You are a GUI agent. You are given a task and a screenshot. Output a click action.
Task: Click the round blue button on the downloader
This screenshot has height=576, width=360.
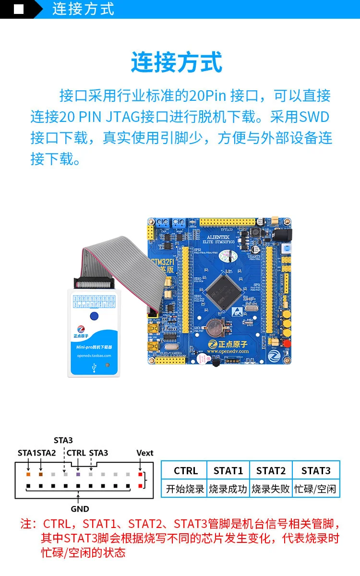pyautogui.click(x=94, y=315)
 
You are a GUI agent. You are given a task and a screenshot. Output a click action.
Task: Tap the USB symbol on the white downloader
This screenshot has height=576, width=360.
pyautogui.click(x=93, y=368)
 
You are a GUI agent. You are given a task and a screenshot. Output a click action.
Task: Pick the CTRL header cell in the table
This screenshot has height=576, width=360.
pyautogui.click(x=186, y=470)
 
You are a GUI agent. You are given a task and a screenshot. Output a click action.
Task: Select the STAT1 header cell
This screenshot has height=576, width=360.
pyautogui.click(x=228, y=470)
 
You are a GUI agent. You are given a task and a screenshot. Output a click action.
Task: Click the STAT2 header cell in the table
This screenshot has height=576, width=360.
pyautogui.click(x=271, y=470)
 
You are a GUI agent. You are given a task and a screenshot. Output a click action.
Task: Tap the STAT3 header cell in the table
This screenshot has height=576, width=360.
pyautogui.click(x=316, y=470)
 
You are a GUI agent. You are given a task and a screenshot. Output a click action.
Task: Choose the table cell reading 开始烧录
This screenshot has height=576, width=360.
pyautogui.click(x=185, y=489)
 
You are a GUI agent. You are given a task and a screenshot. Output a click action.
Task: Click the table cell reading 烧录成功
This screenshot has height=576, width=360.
pyautogui.click(x=228, y=489)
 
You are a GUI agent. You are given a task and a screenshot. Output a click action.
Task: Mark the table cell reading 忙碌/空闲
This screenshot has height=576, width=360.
pyautogui.click(x=316, y=489)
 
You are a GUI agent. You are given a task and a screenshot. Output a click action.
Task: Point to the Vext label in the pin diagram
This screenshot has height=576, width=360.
pyautogui.click(x=144, y=453)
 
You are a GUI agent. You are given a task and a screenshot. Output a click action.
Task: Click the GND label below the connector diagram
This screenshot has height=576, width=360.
pyautogui.click(x=80, y=509)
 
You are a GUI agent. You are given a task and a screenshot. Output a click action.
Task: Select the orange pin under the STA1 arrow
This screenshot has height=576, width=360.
pyautogui.click(x=28, y=474)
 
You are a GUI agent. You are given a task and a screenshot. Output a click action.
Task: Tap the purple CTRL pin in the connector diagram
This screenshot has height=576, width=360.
pyautogui.click(x=78, y=474)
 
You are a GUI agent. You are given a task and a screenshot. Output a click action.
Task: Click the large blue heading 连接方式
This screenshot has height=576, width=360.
pyautogui.click(x=177, y=63)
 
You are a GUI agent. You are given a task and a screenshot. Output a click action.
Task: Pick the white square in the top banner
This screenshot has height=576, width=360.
pyautogui.click(x=19, y=9)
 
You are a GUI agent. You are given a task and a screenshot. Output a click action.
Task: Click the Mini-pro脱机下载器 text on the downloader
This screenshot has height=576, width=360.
pyautogui.click(x=94, y=347)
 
